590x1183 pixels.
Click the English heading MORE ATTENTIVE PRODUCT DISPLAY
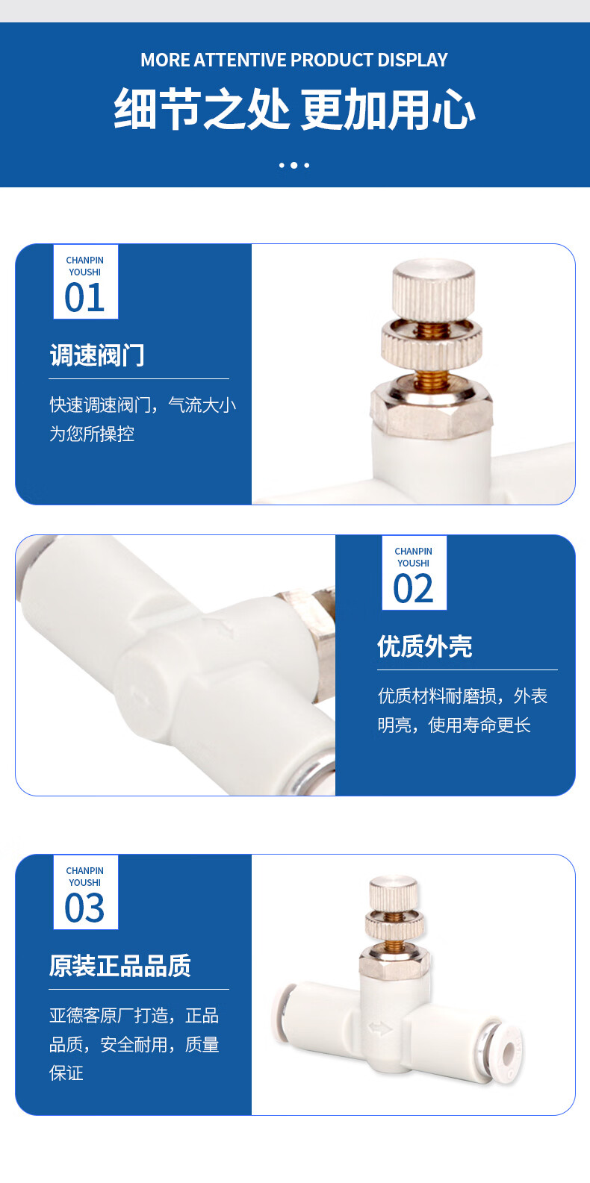point(294,60)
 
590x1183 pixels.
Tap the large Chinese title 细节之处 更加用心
point(294,109)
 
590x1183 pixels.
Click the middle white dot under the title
point(294,165)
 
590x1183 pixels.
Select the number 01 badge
point(86,282)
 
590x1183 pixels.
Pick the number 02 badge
point(414,573)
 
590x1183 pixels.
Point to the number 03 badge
point(86,893)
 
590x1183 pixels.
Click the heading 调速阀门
point(97,355)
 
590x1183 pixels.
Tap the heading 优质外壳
point(425,646)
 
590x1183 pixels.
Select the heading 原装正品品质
point(120,965)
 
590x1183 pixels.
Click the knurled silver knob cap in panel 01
point(433,290)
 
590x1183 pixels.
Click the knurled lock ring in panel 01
point(432,346)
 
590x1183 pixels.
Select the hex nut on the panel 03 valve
point(394,961)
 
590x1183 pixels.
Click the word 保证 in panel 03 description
point(66,1073)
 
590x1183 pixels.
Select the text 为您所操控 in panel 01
point(92,434)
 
